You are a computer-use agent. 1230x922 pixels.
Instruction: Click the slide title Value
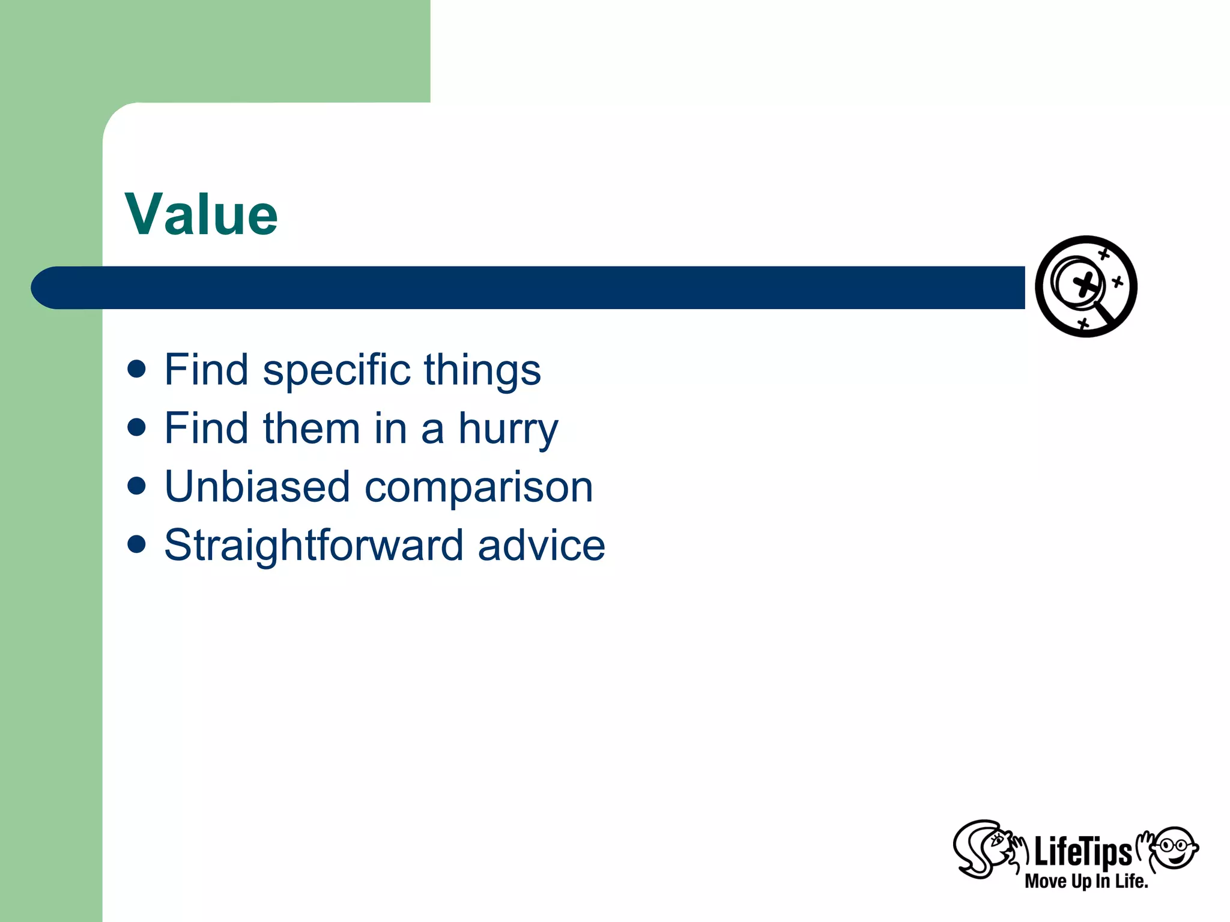click(201, 215)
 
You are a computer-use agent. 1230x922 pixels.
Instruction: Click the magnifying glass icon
click(1086, 286)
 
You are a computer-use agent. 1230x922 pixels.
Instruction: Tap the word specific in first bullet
click(336, 370)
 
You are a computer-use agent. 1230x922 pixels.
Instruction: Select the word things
click(482, 370)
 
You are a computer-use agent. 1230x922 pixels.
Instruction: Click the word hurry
click(508, 429)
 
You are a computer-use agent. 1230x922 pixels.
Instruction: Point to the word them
click(311, 429)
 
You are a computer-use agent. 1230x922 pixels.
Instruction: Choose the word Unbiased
click(257, 487)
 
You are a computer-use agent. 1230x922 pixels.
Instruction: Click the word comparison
click(479, 487)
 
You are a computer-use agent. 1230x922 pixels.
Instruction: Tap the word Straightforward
click(314, 545)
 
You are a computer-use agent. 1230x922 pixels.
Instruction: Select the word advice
click(541, 545)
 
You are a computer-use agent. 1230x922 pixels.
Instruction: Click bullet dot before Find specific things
click(137, 369)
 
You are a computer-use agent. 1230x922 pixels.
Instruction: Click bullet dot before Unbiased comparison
click(137, 486)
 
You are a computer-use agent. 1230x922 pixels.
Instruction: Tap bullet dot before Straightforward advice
click(137, 544)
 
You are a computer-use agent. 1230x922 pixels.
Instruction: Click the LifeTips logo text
click(1082, 852)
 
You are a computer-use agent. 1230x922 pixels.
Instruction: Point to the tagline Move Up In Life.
click(1086, 881)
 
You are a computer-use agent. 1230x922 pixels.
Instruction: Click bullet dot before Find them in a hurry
click(137, 427)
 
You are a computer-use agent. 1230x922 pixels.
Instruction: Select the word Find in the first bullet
click(206, 370)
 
